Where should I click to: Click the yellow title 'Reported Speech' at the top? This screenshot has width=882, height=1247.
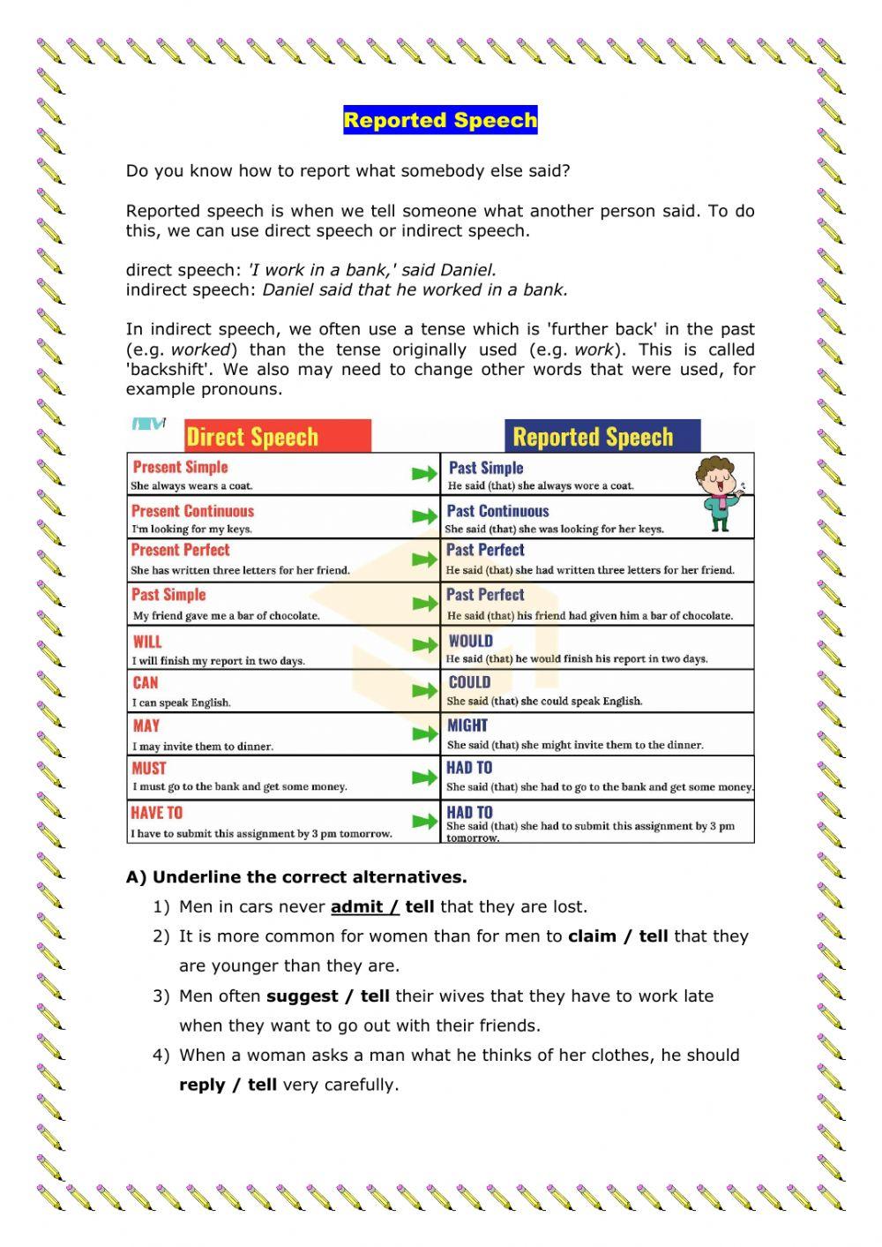click(x=440, y=120)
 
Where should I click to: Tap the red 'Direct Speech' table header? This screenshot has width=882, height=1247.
click(x=252, y=437)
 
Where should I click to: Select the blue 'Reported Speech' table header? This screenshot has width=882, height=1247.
click(x=593, y=437)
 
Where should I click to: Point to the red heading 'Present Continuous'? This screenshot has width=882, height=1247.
click(x=192, y=511)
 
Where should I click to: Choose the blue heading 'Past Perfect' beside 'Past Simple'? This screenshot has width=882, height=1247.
click(x=485, y=595)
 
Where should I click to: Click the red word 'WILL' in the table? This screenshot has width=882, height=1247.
click(x=147, y=642)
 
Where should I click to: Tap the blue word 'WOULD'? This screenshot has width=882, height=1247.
click(x=470, y=641)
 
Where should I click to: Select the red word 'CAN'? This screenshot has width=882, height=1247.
click(x=146, y=682)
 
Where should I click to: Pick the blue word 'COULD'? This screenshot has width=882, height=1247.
click(x=469, y=682)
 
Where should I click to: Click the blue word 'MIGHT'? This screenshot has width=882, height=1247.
click(x=467, y=725)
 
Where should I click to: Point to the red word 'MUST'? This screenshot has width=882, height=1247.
click(x=149, y=769)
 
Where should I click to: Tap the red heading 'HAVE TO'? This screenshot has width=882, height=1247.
click(x=157, y=813)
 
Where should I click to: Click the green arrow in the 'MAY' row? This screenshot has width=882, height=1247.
click(x=424, y=734)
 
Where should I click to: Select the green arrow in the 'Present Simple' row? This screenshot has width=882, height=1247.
click(x=424, y=474)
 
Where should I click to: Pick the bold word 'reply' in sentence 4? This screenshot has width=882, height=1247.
click(x=202, y=1085)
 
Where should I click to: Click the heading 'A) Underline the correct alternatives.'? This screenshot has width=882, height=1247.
click(x=296, y=877)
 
